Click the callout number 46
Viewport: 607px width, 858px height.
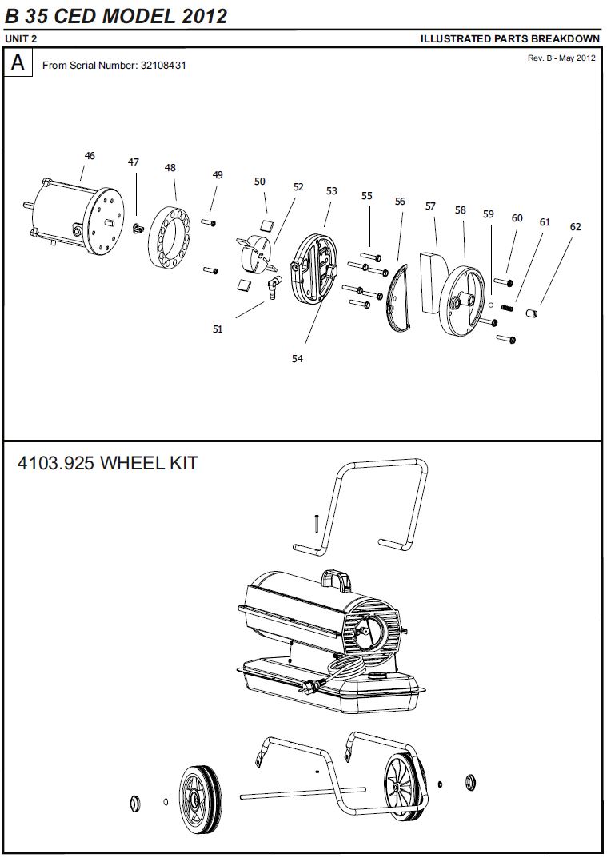click(x=90, y=156)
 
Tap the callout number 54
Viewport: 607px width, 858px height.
click(x=298, y=359)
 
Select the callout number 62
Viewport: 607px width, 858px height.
click(x=575, y=227)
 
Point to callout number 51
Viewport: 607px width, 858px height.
click(x=218, y=329)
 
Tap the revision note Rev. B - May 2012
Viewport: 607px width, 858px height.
click(x=561, y=58)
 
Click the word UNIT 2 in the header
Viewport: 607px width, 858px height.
click(x=21, y=38)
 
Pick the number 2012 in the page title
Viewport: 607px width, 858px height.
click(x=203, y=16)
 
